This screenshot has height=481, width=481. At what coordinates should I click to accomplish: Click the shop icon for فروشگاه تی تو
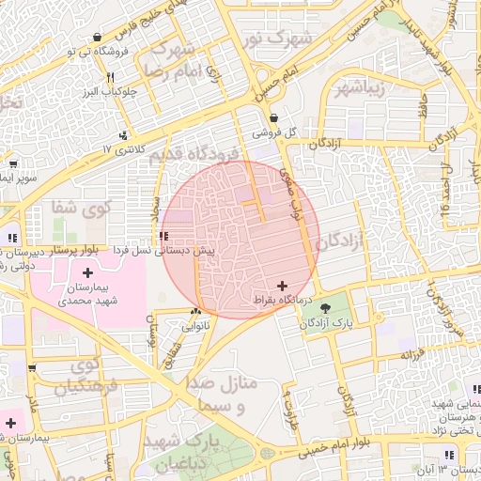click(98, 38)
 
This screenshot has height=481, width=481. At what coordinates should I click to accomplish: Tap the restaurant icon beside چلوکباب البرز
click(110, 78)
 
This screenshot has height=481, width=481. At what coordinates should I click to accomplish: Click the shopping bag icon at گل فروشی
click(273, 118)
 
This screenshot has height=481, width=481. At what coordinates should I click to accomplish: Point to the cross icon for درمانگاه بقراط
click(283, 285)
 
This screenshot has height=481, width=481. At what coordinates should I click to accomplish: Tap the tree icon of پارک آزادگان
click(325, 307)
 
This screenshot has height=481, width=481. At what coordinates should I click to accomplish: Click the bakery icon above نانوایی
click(195, 312)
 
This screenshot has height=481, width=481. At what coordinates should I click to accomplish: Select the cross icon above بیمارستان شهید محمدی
click(87, 272)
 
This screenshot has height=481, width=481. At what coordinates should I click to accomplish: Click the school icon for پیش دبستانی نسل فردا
click(164, 237)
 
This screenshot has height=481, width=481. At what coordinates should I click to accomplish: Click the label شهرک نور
click(288, 39)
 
